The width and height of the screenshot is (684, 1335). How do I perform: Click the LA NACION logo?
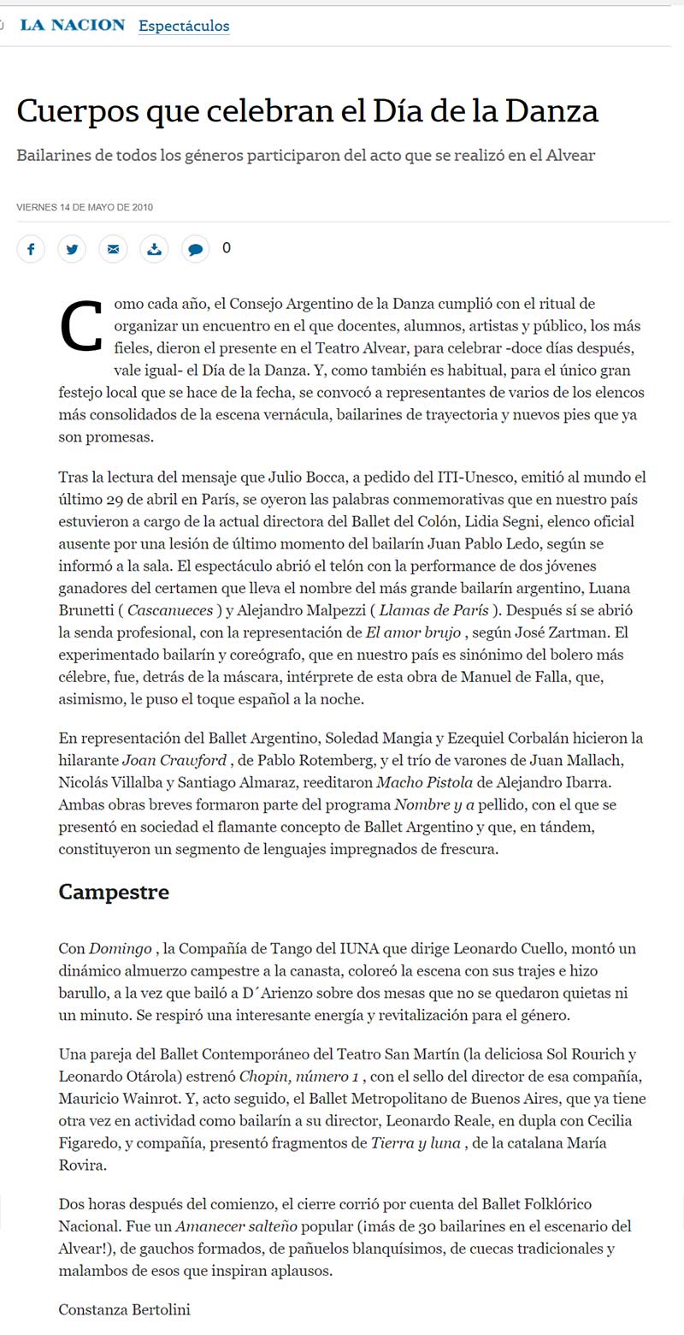point(73,26)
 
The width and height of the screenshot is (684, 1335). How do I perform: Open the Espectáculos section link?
point(184,26)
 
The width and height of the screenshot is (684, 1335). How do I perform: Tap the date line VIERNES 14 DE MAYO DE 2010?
point(85,207)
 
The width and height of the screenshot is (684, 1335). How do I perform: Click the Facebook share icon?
point(31,249)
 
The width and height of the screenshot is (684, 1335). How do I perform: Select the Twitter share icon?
point(72,249)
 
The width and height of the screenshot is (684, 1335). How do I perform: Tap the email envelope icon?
point(113,249)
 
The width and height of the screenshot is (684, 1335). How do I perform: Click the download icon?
point(154,249)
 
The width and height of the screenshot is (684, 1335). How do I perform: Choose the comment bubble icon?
point(195,249)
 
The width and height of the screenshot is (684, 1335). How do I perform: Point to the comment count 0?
point(227,248)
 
